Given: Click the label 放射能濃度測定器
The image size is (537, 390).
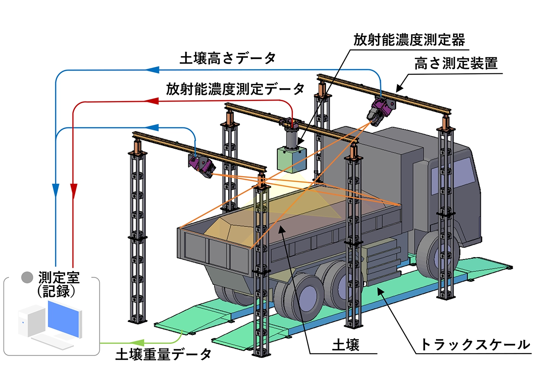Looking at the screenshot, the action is point(409,40).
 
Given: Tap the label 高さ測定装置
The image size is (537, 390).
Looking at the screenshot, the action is point(456,63).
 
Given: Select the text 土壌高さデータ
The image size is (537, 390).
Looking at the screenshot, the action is point(228,58).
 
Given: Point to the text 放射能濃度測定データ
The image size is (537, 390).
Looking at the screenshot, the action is point(235,89).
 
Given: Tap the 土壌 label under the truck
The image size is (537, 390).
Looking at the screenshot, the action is point(346,345).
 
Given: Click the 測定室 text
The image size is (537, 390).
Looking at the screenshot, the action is point(59,278).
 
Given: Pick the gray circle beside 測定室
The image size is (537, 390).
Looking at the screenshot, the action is point(27,277).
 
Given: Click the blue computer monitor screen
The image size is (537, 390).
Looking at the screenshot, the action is point(63,319).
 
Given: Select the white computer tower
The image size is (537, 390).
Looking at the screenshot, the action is point(31,320).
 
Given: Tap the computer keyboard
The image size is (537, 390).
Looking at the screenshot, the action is point(53,342).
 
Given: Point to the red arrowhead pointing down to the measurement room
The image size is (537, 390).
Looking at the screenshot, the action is point(73,191).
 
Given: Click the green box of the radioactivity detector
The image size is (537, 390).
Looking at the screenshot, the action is point(292,159).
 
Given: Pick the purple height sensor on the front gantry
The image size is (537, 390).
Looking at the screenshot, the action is point(202,166).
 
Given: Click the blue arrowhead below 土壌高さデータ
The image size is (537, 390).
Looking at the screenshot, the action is point(152,70).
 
